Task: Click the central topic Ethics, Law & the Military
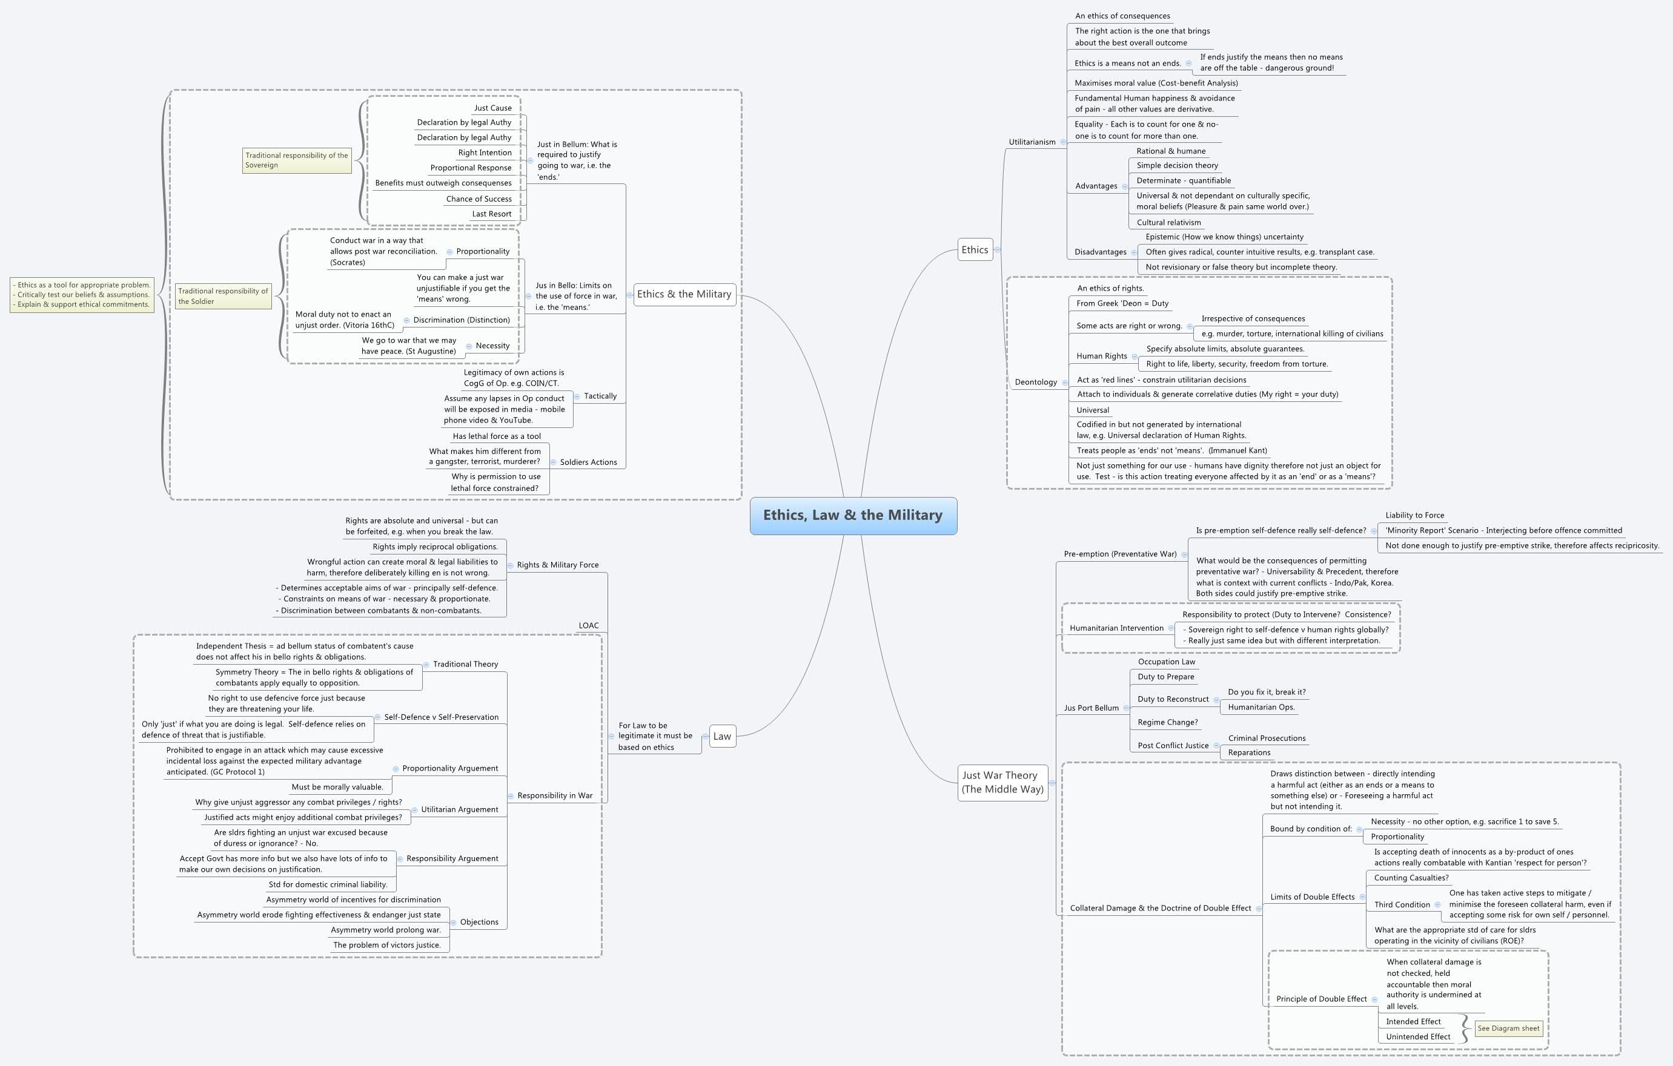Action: tap(853, 515)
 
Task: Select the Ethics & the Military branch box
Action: tap(684, 294)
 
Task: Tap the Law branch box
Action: tap(722, 737)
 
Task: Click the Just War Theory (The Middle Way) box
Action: tap(1002, 782)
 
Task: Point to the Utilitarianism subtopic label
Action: tap(1032, 142)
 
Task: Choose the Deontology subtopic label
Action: tap(1035, 383)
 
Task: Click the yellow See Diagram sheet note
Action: tap(1508, 1028)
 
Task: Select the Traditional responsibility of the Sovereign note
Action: tap(297, 160)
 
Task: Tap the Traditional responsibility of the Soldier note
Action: tap(222, 297)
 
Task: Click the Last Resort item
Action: tap(491, 214)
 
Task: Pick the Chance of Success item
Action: tap(479, 199)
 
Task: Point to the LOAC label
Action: tap(589, 626)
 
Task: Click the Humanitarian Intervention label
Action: tap(1116, 628)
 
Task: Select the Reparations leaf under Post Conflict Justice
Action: tap(1248, 753)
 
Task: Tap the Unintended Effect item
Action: tap(1417, 1037)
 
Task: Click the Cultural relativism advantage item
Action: tap(1168, 223)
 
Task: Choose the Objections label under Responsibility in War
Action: tap(479, 923)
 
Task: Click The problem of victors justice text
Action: tap(387, 945)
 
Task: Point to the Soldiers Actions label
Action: tap(588, 462)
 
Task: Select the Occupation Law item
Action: tap(1167, 662)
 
